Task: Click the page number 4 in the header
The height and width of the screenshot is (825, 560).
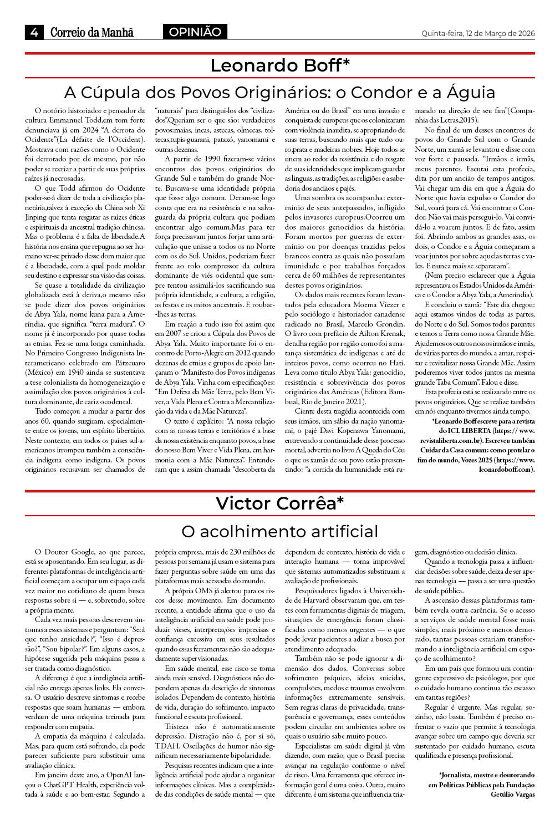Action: tap(34, 33)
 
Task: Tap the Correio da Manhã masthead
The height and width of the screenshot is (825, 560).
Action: tap(91, 33)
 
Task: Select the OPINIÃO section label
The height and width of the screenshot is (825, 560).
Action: tap(195, 32)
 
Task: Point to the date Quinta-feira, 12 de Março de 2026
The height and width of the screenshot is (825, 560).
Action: tap(478, 33)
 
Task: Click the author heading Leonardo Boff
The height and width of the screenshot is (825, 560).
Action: tap(280, 65)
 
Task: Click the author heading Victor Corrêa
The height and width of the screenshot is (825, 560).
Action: tap(280, 503)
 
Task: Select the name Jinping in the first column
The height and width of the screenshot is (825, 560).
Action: tap(36, 217)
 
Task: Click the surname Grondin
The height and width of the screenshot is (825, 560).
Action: tap(390, 324)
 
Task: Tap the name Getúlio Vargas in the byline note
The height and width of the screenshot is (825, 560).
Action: tap(512, 795)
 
